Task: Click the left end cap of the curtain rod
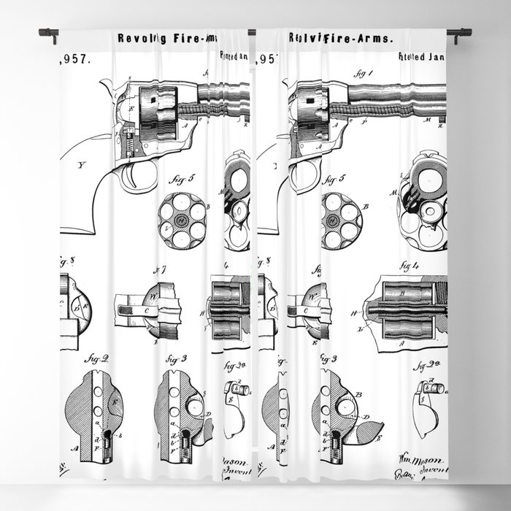[44, 33]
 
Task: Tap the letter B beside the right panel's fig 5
[364, 207]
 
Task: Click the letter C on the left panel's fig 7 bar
[145, 311]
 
